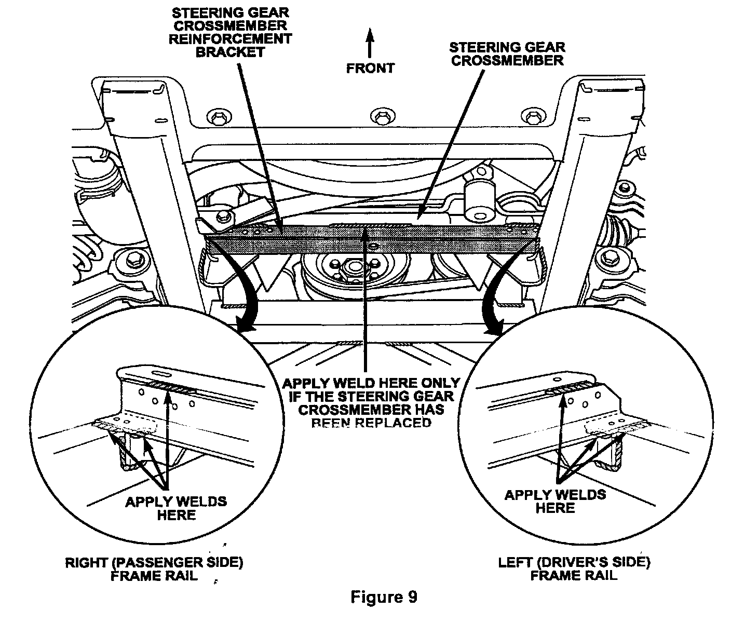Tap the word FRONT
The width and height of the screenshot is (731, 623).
[370, 68]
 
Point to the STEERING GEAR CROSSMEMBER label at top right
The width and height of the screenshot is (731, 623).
[507, 53]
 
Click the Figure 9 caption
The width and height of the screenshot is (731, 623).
[384, 597]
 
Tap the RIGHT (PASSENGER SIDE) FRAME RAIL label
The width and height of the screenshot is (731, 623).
[154, 569]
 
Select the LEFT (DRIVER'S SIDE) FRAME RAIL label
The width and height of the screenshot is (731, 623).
[574, 568]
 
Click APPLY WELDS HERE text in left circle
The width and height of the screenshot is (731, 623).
[176, 508]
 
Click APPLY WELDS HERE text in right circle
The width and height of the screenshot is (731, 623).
[555, 500]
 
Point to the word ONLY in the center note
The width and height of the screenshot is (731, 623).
[437, 383]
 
